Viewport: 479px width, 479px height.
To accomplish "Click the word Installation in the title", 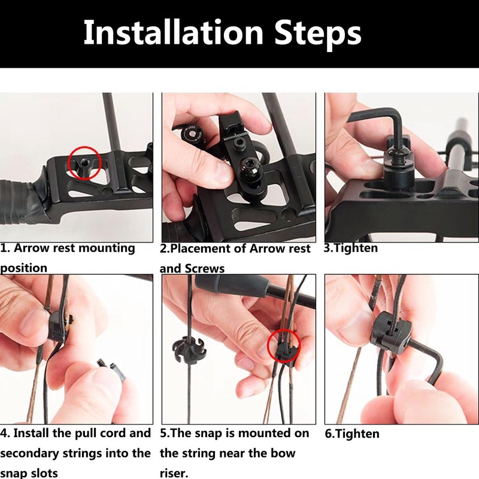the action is click(x=173, y=32).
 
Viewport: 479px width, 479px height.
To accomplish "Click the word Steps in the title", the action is click(x=318, y=34).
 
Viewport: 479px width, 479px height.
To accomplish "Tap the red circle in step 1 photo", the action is click(x=84, y=163).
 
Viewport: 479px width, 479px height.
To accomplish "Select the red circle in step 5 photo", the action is click(x=284, y=345).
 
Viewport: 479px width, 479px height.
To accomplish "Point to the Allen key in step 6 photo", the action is click(x=428, y=360).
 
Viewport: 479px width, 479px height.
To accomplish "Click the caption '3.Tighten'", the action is click(x=351, y=248).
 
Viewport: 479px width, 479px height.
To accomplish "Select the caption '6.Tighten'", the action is click(x=352, y=433).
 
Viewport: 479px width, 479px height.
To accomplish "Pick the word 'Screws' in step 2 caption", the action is click(x=205, y=268).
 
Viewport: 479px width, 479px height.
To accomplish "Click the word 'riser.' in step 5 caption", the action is click(x=174, y=473).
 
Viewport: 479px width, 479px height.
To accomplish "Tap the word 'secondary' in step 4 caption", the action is click(x=29, y=453).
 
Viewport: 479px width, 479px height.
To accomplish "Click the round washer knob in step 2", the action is click(x=193, y=134).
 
